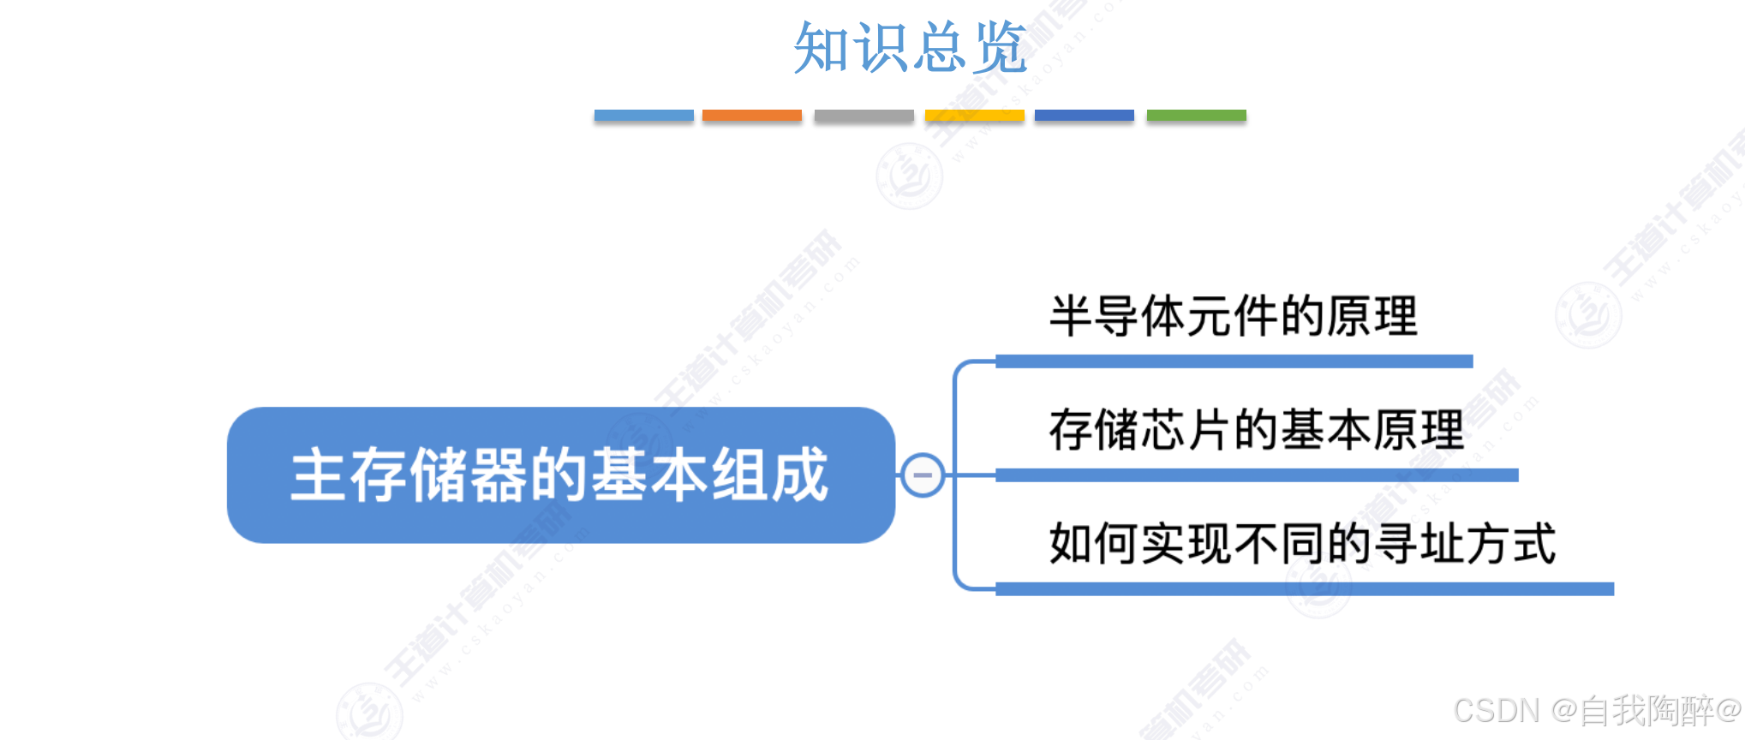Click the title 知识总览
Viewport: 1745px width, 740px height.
(x=909, y=48)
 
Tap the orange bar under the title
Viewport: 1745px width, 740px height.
(x=751, y=116)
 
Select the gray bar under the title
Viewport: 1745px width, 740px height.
(x=864, y=116)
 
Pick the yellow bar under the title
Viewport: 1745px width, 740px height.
(x=974, y=116)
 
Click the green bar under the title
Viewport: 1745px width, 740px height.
(x=1196, y=116)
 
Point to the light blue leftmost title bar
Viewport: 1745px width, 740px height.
(x=643, y=116)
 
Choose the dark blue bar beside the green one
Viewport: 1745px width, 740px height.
(x=1084, y=116)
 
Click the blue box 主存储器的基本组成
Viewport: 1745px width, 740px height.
(x=560, y=474)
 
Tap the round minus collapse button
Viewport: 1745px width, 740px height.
(x=923, y=474)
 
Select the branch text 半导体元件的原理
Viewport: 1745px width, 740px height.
(x=1233, y=316)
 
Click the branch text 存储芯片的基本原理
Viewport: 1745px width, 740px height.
(x=1256, y=430)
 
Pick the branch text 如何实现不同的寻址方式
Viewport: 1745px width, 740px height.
(x=1302, y=544)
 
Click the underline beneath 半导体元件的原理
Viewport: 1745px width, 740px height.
(x=1234, y=361)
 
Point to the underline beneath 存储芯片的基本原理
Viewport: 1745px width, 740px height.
(x=1256, y=475)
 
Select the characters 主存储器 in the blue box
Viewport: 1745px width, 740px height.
(x=409, y=474)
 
